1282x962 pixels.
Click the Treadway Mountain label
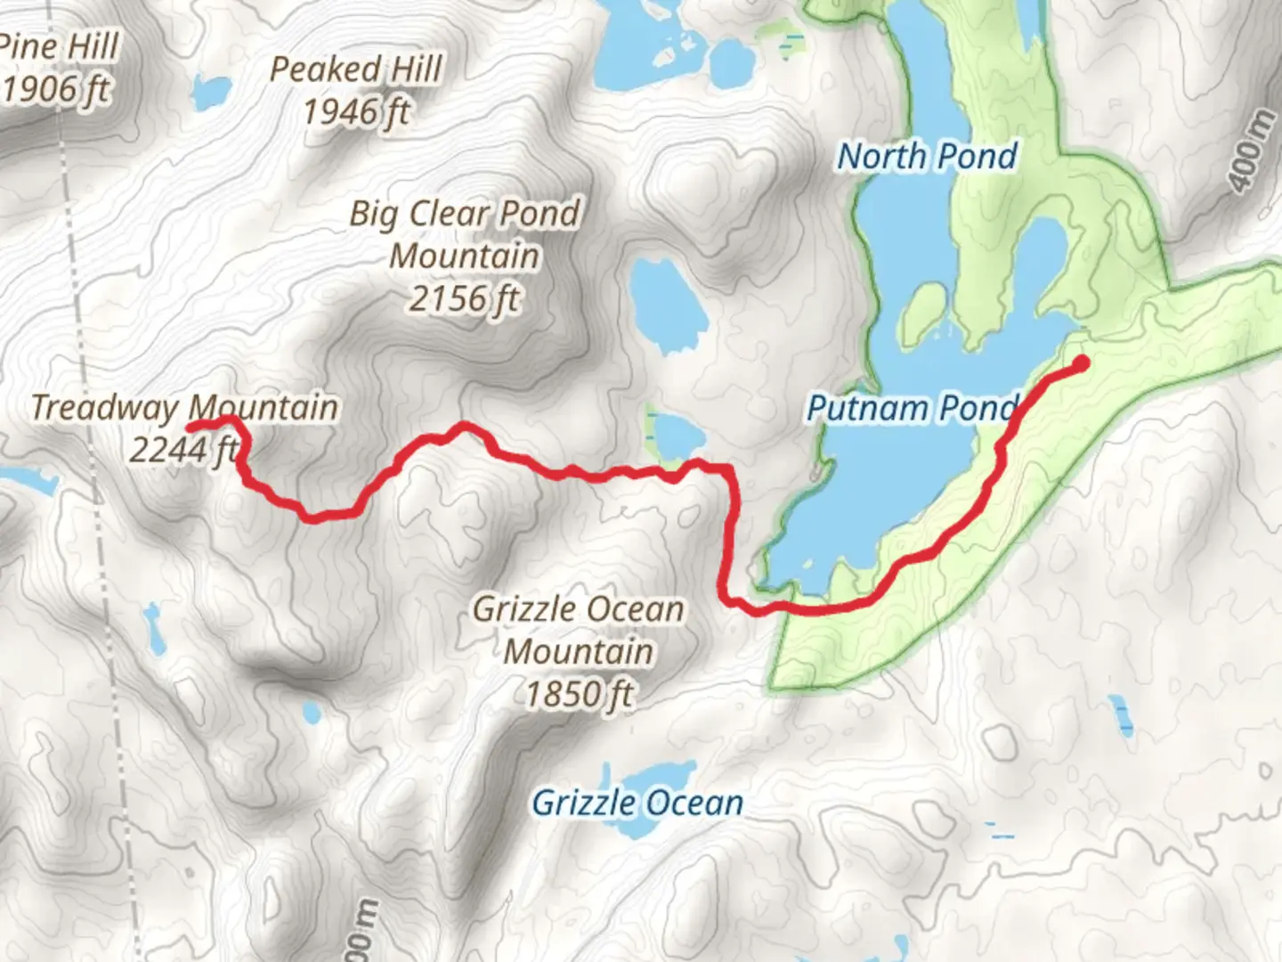184,408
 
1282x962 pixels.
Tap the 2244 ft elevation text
183,450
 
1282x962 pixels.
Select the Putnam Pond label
910,409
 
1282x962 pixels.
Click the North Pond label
927,157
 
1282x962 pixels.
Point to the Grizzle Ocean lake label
637,803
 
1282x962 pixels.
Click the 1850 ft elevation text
579,693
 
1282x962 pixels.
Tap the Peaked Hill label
356,69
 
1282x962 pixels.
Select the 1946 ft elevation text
356,112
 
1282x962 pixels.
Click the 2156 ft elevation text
464,298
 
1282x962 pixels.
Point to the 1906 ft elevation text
57,89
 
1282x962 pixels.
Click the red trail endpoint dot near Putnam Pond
1082,363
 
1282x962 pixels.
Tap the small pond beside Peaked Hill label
211,90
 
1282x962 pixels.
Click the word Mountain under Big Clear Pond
464,257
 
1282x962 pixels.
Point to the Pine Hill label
59,46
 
